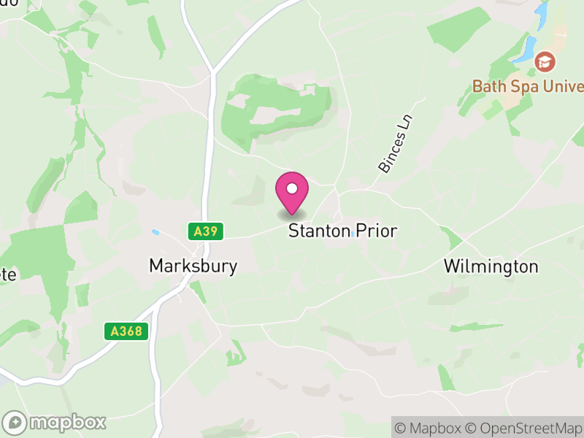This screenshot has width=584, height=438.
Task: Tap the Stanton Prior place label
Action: (342, 231)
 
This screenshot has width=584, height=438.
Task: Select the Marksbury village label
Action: (193, 266)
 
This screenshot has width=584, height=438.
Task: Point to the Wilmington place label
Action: (491, 266)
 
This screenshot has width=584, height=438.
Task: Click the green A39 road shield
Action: (205, 231)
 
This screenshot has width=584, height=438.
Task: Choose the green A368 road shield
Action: (126, 331)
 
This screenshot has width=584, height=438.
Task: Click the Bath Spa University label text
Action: (528, 86)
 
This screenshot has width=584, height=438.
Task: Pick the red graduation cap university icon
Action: (544, 61)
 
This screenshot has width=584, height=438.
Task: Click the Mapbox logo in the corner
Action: (55, 422)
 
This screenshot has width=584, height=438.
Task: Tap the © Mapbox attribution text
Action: (431, 427)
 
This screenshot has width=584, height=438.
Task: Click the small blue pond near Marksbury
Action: (155, 232)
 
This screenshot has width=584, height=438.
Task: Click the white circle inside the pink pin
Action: (292, 189)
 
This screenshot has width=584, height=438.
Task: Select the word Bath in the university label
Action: (487, 86)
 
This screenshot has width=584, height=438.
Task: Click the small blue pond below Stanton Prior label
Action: (353, 235)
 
